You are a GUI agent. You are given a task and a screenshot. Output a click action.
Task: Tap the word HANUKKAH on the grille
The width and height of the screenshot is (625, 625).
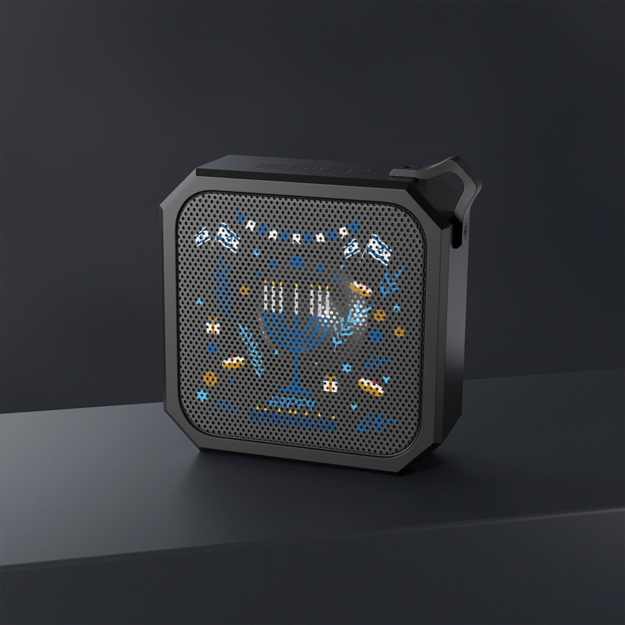pyautogui.click(x=292, y=422)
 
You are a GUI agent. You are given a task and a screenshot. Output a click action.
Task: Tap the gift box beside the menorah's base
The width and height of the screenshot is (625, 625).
pyautogui.click(x=330, y=384)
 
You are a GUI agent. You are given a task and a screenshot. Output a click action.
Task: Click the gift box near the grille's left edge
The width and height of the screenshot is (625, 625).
pyautogui.click(x=212, y=326)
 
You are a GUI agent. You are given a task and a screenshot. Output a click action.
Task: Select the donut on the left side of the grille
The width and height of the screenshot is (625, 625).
pyautogui.click(x=233, y=363)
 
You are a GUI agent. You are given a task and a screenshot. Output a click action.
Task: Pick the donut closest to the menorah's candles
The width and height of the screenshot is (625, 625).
pyautogui.click(x=361, y=289)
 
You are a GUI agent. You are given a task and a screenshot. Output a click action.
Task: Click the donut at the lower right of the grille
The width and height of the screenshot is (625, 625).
pyautogui.click(x=370, y=387)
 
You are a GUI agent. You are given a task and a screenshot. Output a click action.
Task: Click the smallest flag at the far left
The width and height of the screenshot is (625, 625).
pyautogui.click(x=202, y=236)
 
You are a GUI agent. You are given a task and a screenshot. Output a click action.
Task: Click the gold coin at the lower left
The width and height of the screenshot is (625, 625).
pyautogui.click(x=210, y=378)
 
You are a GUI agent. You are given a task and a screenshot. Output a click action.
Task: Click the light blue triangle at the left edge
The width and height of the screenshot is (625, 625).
pyautogui.click(x=199, y=302)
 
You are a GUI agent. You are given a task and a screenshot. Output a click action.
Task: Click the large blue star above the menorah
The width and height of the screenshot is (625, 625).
pyautogui.click(x=297, y=262)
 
